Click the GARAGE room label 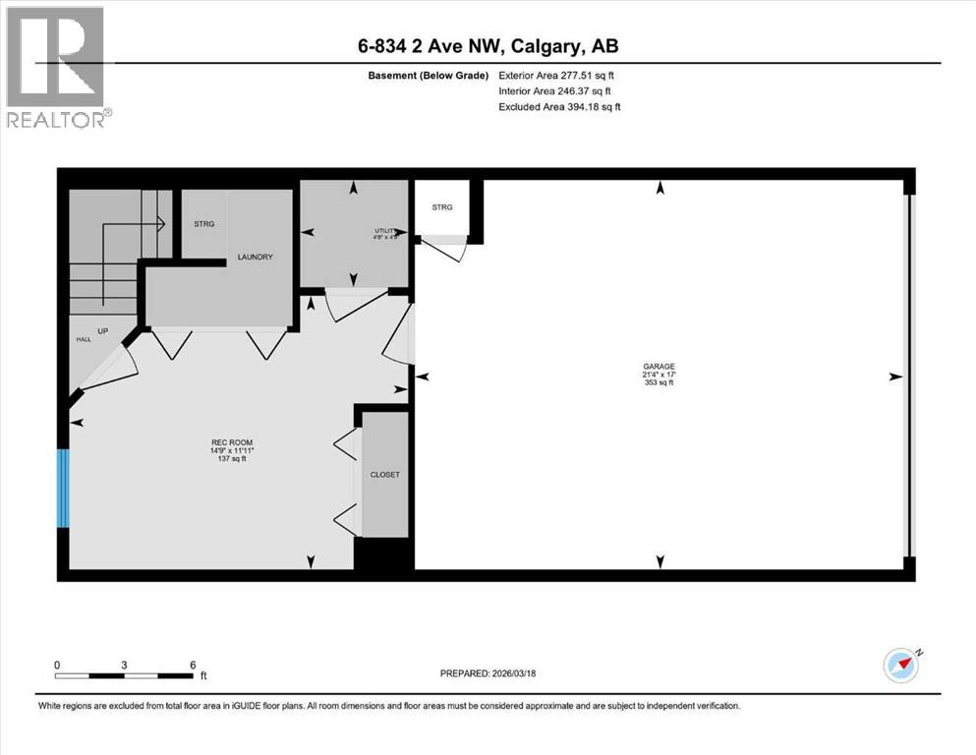(x=660, y=366)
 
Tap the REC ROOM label (x=232, y=442)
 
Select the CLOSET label (x=384, y=475)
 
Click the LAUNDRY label (x=254, y=258)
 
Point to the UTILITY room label (x=385, y=231)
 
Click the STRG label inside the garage (x=442, y=207)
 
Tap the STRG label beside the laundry (x=203, y=224)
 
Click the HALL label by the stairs (x=83, y=339)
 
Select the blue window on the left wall (x=63, y=488)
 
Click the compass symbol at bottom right (x=901, y=666)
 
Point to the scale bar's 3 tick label (x=124, y=665)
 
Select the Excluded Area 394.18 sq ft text (x=559, y=106)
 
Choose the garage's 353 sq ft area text (x=660, y=382)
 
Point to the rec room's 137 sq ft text (x=232, y=460)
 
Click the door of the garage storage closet (x=440, y=249)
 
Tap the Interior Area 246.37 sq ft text (x=555, y=90)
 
